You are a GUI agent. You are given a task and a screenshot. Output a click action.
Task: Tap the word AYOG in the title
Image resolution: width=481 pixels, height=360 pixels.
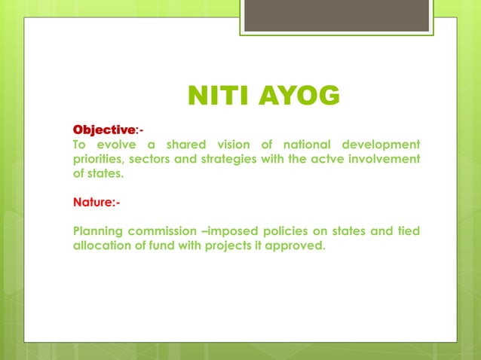299,97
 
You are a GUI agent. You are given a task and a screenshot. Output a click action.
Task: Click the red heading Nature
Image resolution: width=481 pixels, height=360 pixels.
93,202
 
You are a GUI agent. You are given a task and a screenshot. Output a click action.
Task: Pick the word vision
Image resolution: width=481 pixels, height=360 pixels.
236,144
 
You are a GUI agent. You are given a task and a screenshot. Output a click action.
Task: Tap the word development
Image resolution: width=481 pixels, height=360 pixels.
381,144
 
